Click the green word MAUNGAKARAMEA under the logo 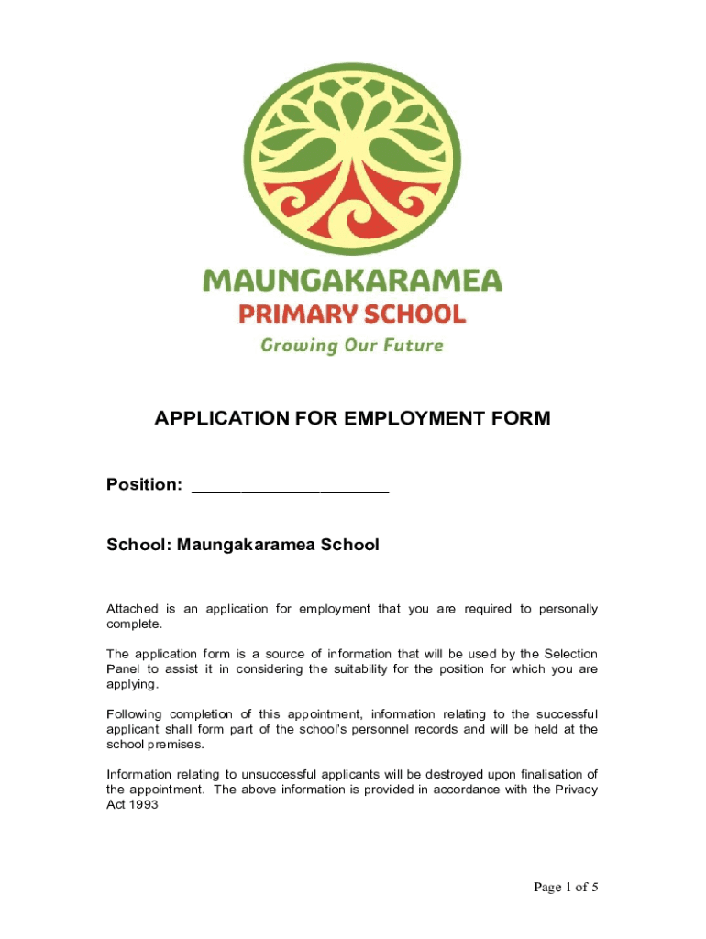[x=352, y=280]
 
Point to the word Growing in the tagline [x=295, y=346]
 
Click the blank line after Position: [x=290, y=486]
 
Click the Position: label [x=144, y=484]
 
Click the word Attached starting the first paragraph [x=132, y=609]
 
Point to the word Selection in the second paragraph [x=570, y=654]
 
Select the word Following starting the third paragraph [x=138, y=714]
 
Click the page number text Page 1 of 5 [x=568, y=887]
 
